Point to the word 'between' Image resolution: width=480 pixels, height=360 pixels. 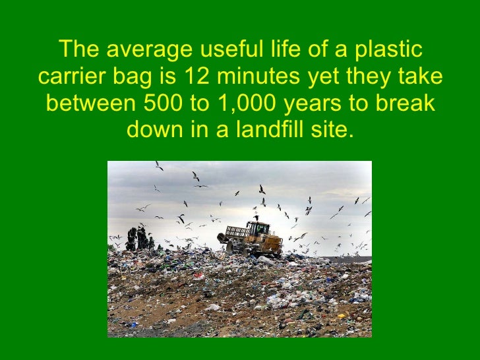point(90,104)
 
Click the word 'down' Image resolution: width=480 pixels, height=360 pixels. point(154,131)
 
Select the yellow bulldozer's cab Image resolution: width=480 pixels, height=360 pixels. point(259,229)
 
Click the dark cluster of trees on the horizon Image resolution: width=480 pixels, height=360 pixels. point(139,239)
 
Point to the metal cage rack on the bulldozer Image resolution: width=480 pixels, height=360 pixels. point(237,233)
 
